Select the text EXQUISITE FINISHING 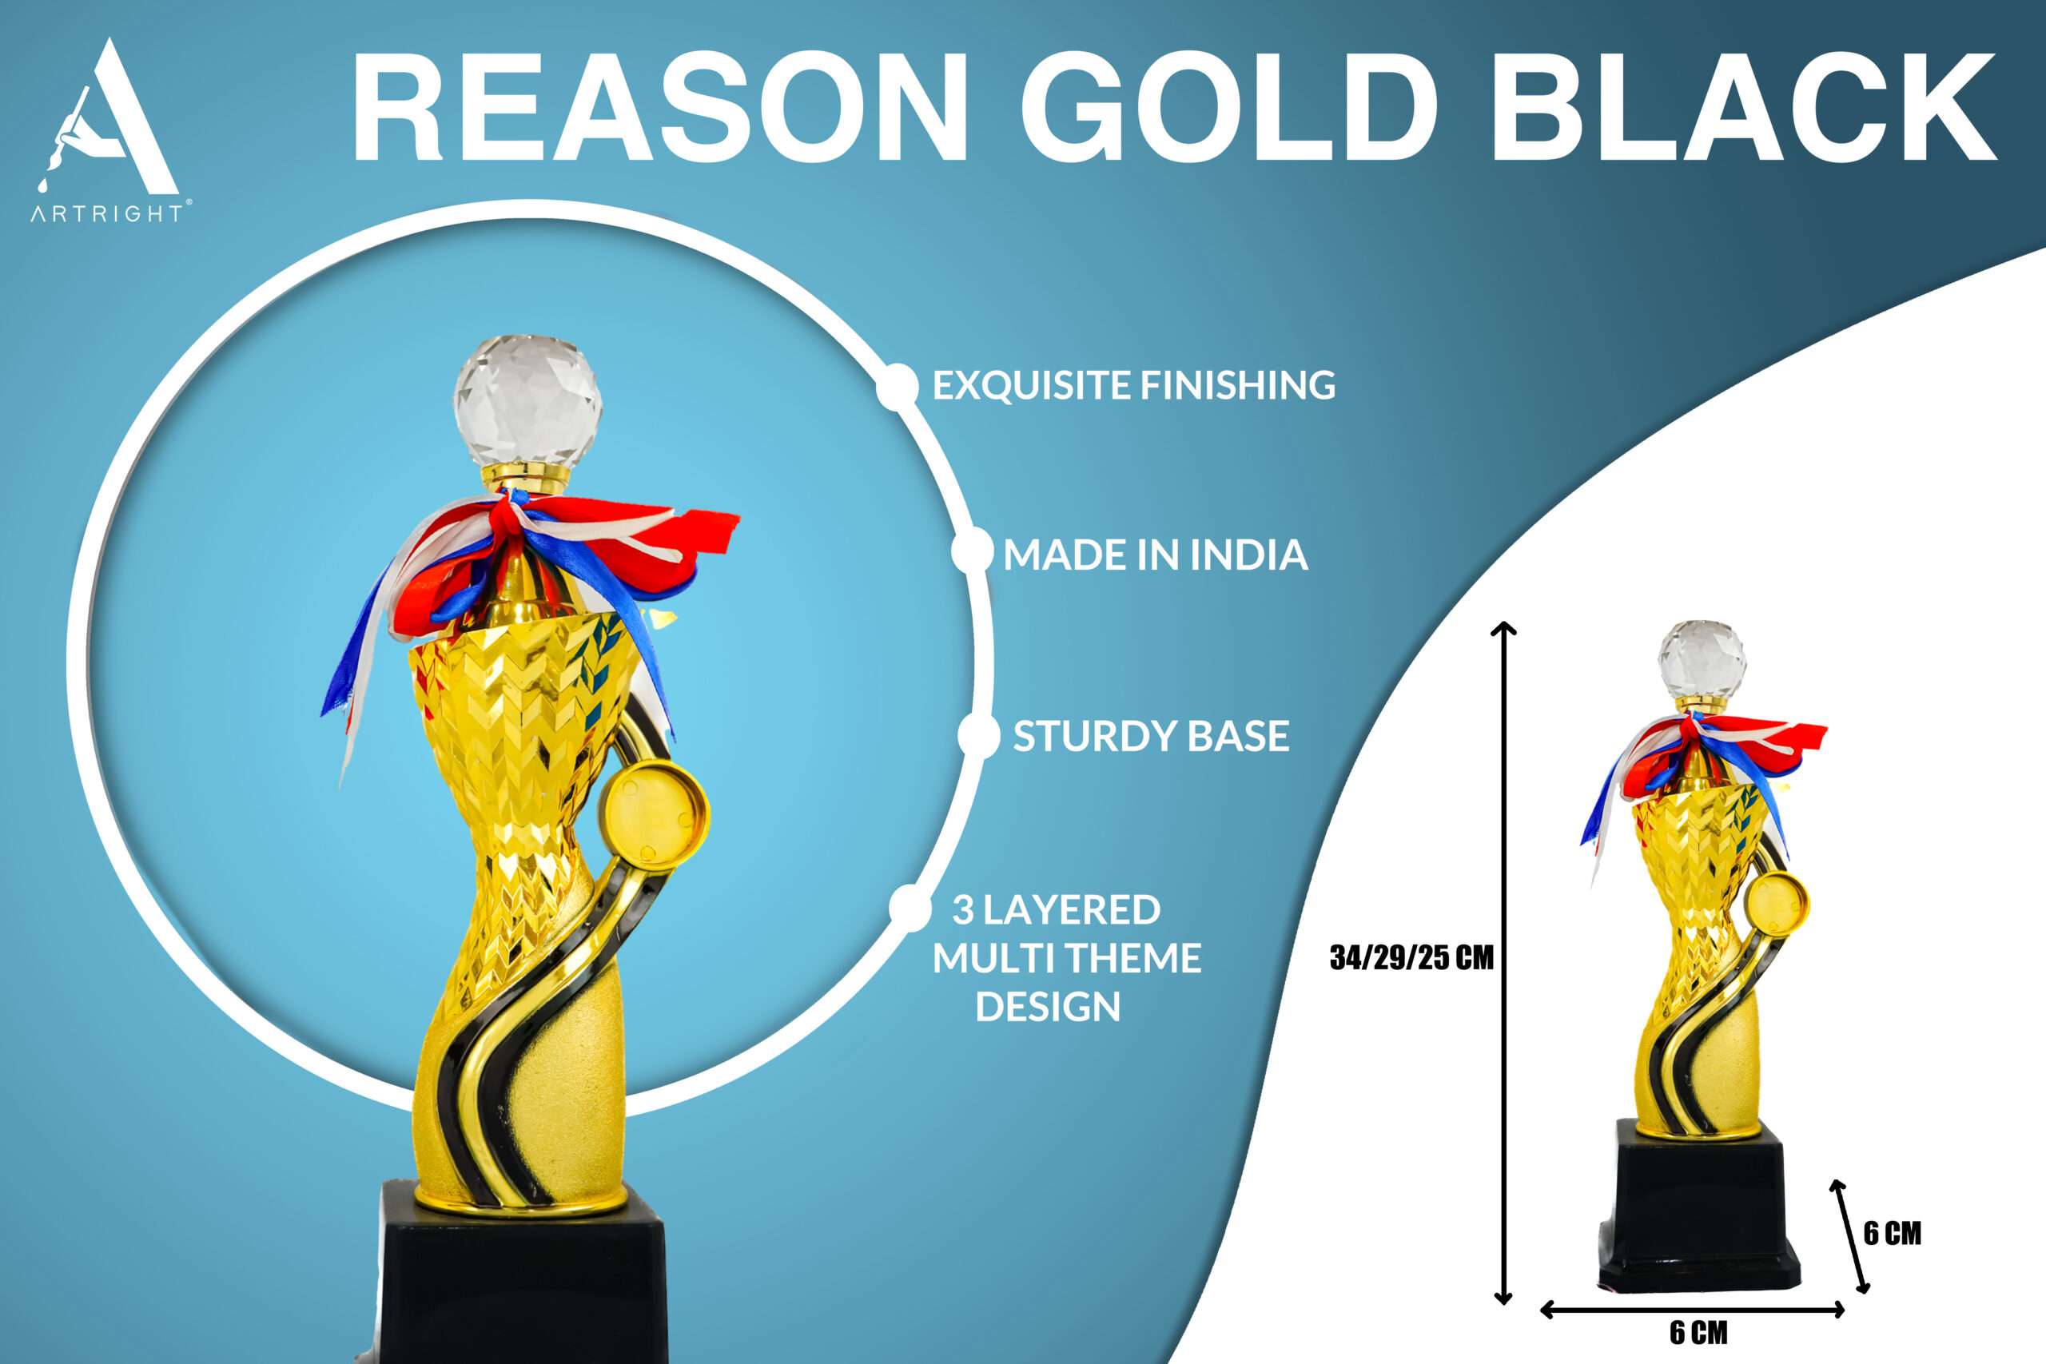click(x=1133, y=385)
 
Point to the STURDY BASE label click(x=1151, y=736)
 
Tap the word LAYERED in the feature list click(x=1072, y=910)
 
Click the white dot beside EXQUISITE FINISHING click(x=897, y=385)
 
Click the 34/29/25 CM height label click(x=1411, y=958)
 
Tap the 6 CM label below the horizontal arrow click(x=1698, y=1332)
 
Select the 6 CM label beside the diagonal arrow click(x=1892, y=1233)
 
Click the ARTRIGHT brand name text click(x=107, y=213)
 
